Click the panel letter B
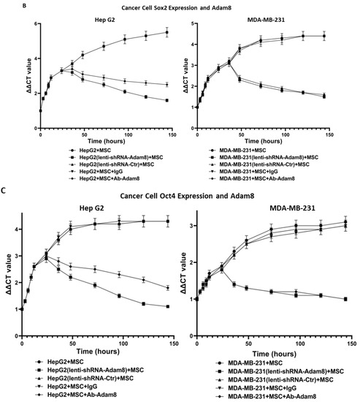tap(4, 4)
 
